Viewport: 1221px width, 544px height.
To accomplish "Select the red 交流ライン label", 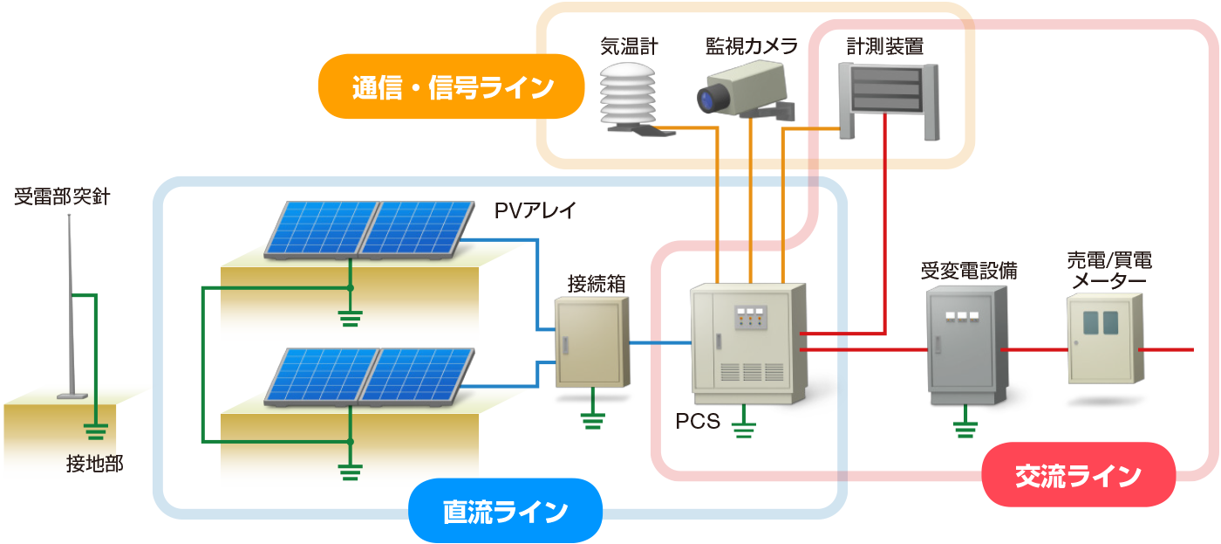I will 1078,475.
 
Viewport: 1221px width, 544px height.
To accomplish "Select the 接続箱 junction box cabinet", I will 592,342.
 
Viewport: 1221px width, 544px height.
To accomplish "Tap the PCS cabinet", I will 747,342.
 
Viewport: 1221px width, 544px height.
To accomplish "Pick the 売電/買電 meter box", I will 1104,339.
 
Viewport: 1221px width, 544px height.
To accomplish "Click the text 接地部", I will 94,465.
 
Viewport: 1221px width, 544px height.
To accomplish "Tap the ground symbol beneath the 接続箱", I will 592,420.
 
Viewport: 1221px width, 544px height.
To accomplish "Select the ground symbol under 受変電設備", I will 964,428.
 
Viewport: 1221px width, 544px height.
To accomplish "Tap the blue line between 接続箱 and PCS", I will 659,343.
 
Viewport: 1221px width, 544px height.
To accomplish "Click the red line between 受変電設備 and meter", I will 1033,349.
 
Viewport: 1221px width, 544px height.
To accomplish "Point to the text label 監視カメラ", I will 751,45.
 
